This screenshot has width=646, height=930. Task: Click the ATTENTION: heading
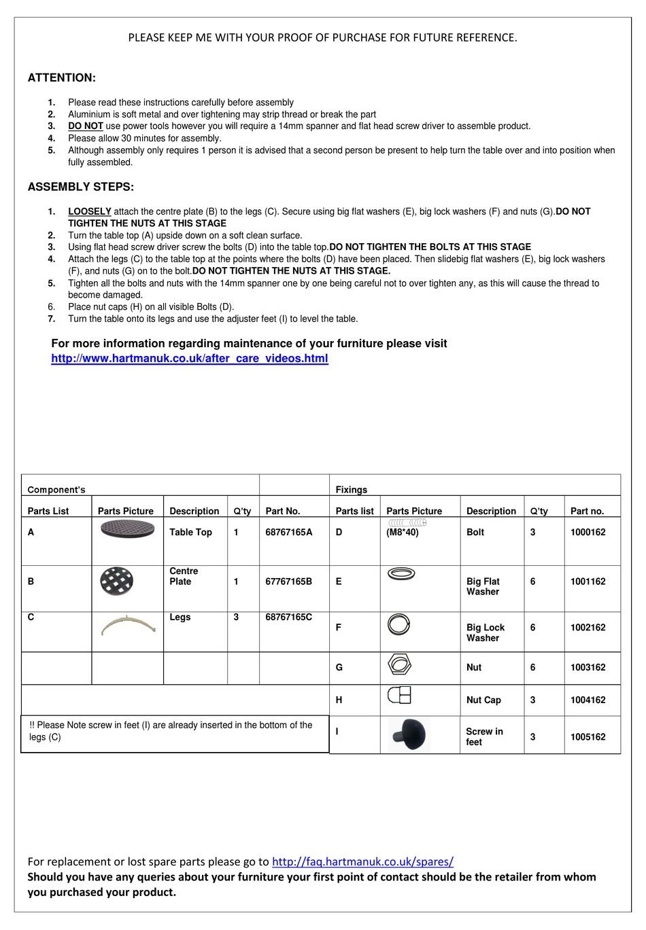coord(61,78)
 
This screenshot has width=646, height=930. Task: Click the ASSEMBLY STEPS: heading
coord(80,187)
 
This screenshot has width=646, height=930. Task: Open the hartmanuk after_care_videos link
coord(189,359)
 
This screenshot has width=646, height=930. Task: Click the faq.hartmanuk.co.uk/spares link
coord(362,861)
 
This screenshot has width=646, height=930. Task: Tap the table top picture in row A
coord(127,529)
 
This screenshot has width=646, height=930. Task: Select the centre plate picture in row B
coord(116,582)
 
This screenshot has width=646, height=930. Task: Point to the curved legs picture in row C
coord(129,625)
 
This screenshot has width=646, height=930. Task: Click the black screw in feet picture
coord(409,735)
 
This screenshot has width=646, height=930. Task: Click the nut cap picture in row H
coord(399,695)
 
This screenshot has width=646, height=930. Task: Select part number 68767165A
coord(289,533)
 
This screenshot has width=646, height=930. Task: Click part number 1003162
coord(588,668)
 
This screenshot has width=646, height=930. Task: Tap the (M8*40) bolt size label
coord(403,533)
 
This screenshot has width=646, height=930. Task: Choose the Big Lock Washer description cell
coord(486,632)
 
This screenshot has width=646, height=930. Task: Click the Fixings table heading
coord(351,490)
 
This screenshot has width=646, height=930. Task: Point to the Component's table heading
coord(56,490)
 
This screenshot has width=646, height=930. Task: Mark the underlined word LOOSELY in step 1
coord(89,211)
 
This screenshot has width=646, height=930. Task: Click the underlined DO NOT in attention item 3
coord(86,126)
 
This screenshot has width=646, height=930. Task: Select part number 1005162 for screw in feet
coord(588,737)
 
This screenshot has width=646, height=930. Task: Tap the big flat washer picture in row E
coord(401,574)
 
